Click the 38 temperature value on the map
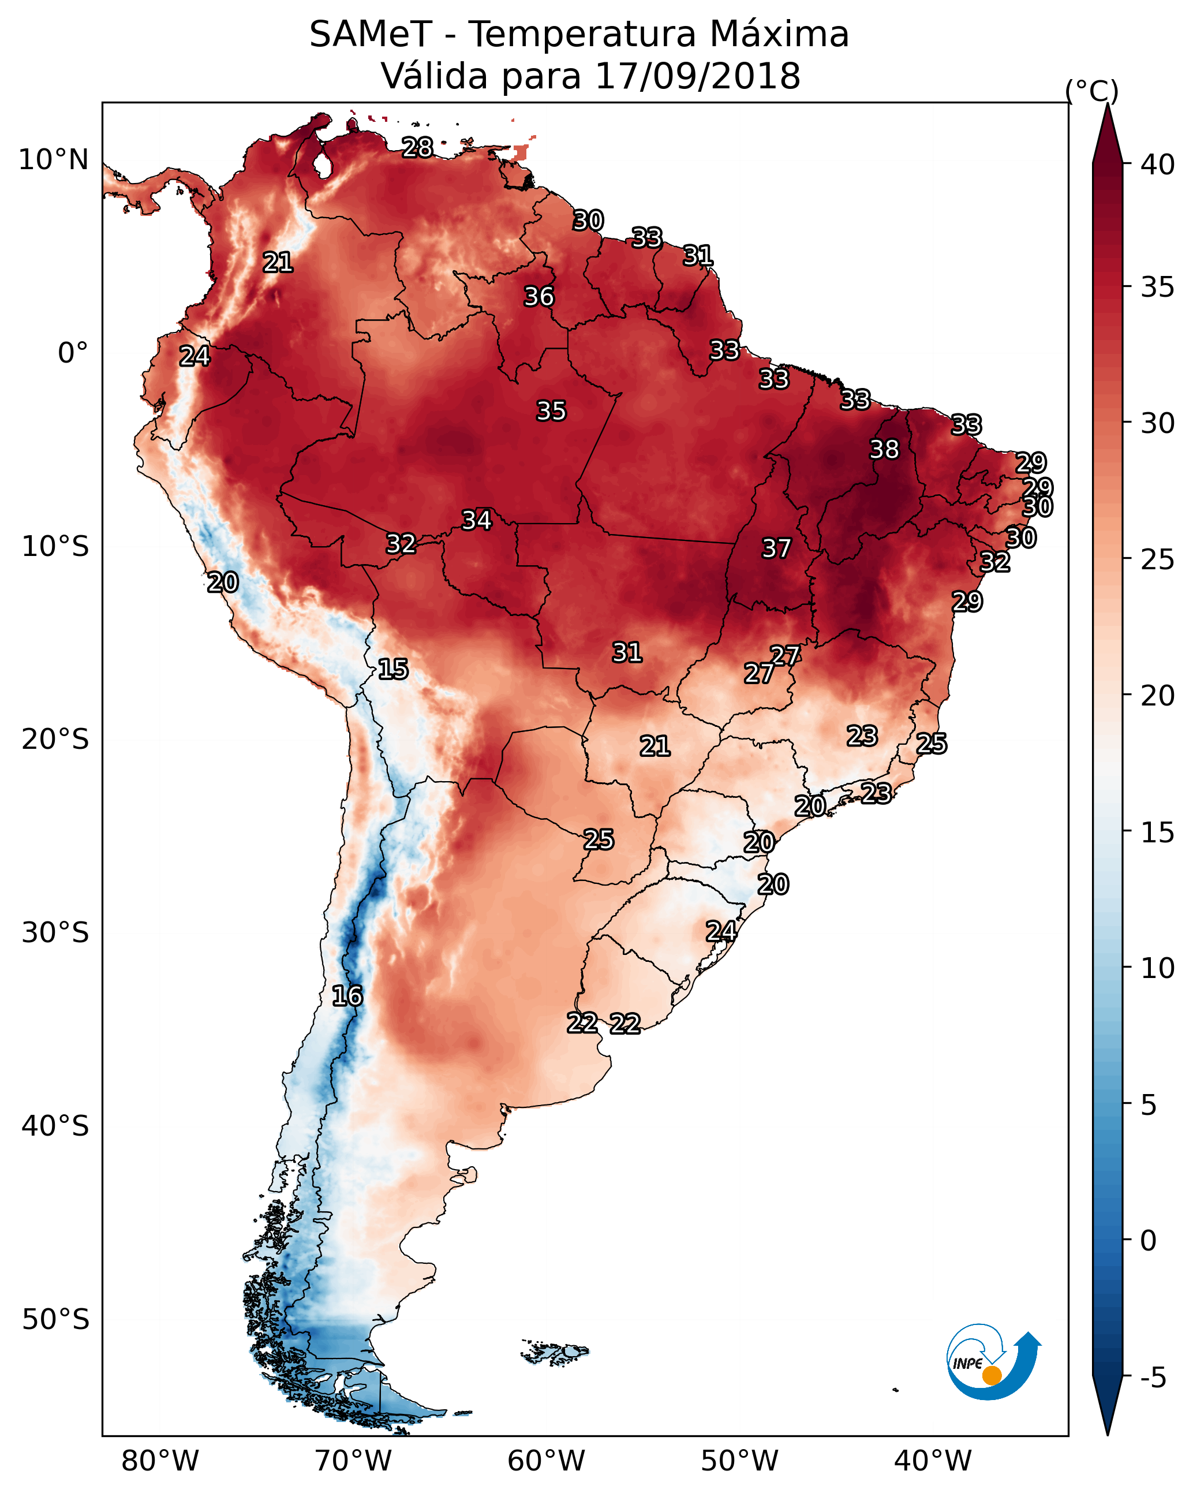[884, 449]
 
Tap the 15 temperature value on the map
[392, 669]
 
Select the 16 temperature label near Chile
[347, 996]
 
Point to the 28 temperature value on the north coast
[417, 147]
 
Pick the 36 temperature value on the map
[538, 296]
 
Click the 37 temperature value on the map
[776, 548]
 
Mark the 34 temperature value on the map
[476, 520]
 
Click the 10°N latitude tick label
[53, 160]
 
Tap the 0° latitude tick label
[73, 353]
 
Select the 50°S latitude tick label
[55, 1320]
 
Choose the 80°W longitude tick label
[160, 1461]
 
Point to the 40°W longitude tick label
[933, 1461]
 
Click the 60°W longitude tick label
[547, 1461]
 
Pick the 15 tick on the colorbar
[1158, 833]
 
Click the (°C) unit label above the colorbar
[1091, 91]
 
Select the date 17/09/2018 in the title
[697, 76]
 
